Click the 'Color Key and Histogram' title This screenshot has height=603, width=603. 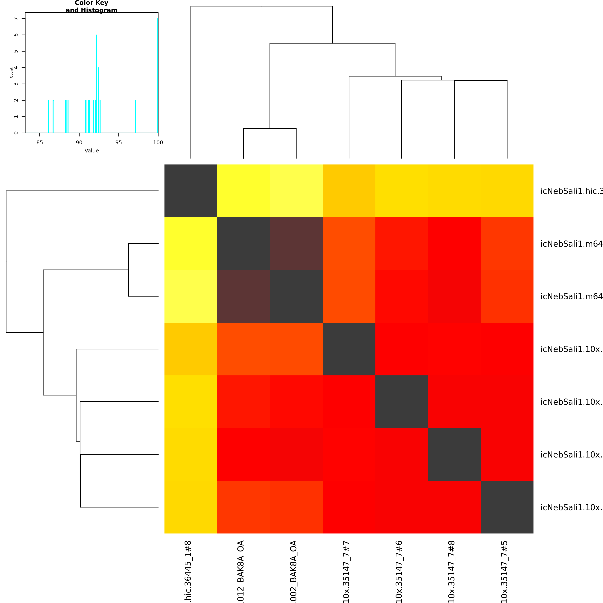point(91,6)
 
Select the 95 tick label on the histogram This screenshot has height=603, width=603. point(119,142)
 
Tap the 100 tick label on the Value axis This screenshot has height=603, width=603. point(158,142)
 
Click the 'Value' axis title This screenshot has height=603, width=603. point(91,151)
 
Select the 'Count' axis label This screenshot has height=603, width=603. point(11,73)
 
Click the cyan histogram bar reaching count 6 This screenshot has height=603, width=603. point(97,84)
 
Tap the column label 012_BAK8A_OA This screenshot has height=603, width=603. point(241,571)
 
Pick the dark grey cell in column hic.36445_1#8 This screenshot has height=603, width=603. point(191,191)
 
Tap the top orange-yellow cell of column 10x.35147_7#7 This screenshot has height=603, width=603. point(349,191)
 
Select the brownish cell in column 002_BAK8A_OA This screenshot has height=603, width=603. point(296,244)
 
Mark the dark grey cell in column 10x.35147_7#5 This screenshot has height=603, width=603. point(507,507)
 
